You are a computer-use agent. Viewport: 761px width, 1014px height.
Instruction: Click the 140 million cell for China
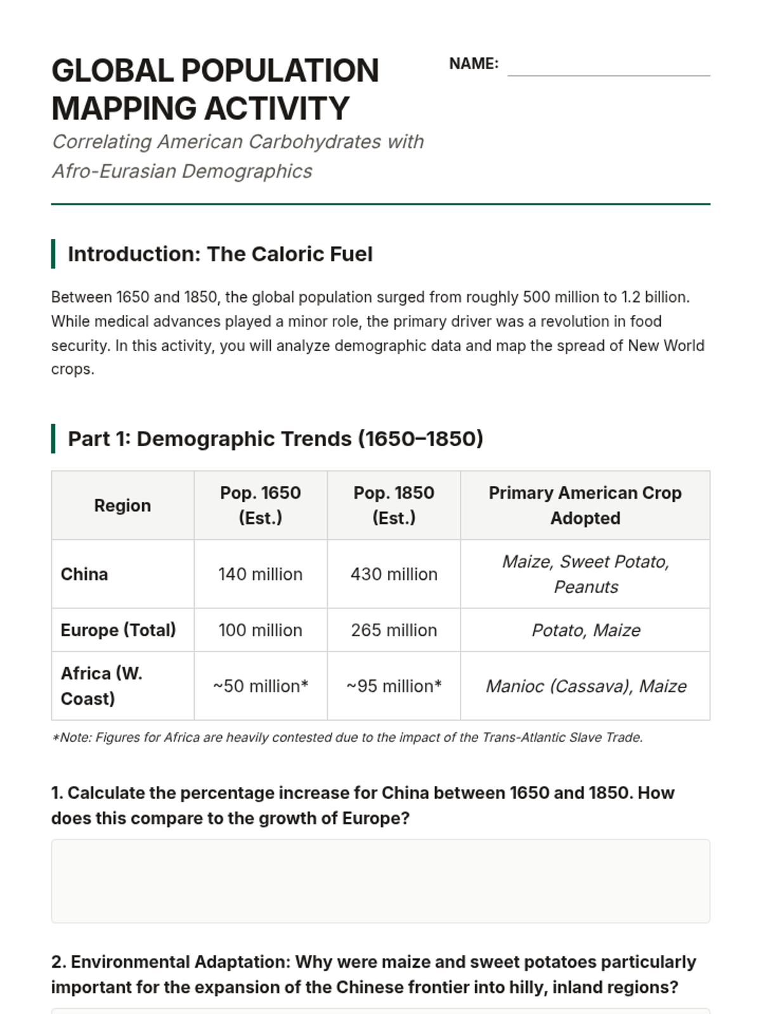click(x=260, y=574)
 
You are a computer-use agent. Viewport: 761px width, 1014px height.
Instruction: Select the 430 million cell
click(x=394, y=574)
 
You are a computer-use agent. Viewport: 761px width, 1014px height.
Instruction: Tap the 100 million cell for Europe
click(x=260, y=630)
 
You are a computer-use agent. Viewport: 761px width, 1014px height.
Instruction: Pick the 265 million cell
click(x=394, y=630)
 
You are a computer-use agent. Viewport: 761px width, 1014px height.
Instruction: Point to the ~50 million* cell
click(x=260, y=686)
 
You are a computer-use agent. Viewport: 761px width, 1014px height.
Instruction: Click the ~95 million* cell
click(x=394, y=686)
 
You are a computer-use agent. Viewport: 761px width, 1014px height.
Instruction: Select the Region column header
click(x=122, y=505)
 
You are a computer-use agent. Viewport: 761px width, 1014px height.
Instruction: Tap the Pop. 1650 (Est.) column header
click(x=260, y=505)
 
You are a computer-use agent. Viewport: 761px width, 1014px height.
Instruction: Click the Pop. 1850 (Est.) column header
click(x=394, y=505)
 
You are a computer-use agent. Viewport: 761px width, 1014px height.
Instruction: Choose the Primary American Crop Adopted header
click(x=585, y=505)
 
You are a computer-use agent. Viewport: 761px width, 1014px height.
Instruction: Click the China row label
click(x=84, y=574)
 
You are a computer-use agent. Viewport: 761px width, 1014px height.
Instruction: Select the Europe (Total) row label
click(x=118, y=630)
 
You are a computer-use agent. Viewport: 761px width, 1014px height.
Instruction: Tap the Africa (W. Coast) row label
click(x=101, y=686)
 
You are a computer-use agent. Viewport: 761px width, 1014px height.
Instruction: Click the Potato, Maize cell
click(x=585, y=630)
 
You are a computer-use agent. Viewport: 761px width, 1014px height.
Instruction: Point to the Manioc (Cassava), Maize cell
click(x=585, y=686)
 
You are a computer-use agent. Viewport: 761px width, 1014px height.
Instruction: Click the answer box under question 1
click(x=380, y=881)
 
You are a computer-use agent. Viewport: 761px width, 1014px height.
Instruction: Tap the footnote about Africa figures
click(x=348, y=737)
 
